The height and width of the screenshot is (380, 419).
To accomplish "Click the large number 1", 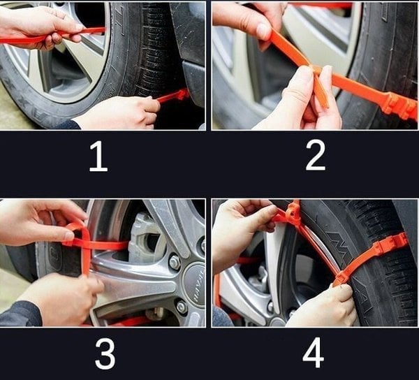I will coord(98,158).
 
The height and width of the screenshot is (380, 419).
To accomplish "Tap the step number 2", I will coord(316,158).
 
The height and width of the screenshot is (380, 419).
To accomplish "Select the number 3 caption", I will coord(105,355).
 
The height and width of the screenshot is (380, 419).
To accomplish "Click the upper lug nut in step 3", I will coord(173,262).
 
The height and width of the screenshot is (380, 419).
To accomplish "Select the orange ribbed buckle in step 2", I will coord(398,105).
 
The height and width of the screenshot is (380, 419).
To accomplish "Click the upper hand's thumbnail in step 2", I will coord(263,31).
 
